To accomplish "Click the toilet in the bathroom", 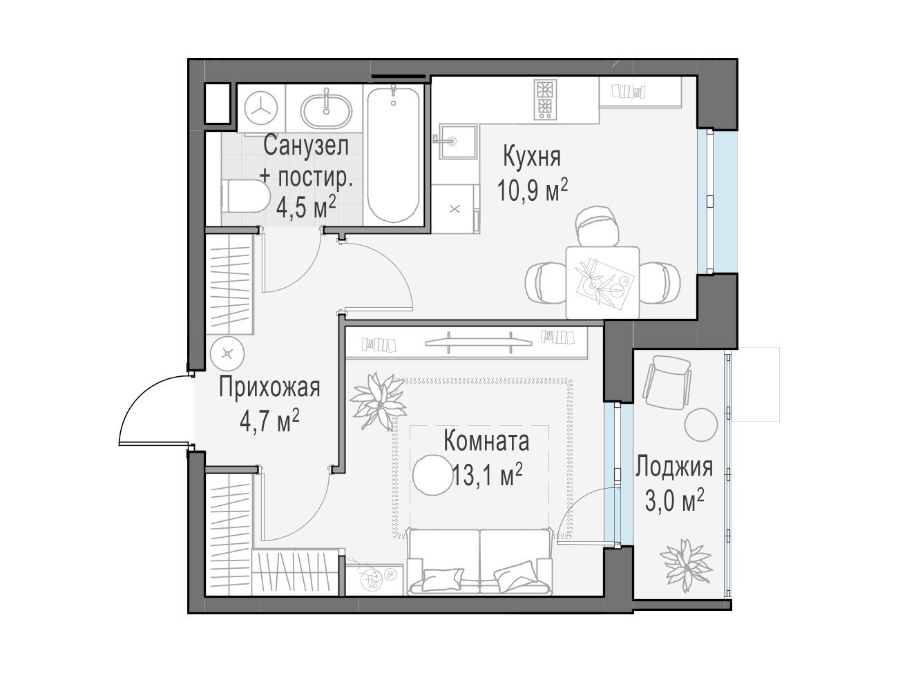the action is pos(244,196).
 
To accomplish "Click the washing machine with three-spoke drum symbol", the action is pos(260,108).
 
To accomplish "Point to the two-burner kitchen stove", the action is pos(545,99).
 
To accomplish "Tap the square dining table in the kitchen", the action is pos(602,282).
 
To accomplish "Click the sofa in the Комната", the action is pos(479,563).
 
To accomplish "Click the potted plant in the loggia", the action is pos(686,565).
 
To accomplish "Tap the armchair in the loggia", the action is pos(667,381).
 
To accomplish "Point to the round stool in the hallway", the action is pos(227,353).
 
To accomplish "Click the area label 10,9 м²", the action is pos(533,191).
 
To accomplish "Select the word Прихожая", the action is pos(269,387).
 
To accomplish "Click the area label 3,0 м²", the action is pos(675,501).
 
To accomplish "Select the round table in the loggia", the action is pos(701,424).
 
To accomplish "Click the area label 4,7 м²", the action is pos(269,421).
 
